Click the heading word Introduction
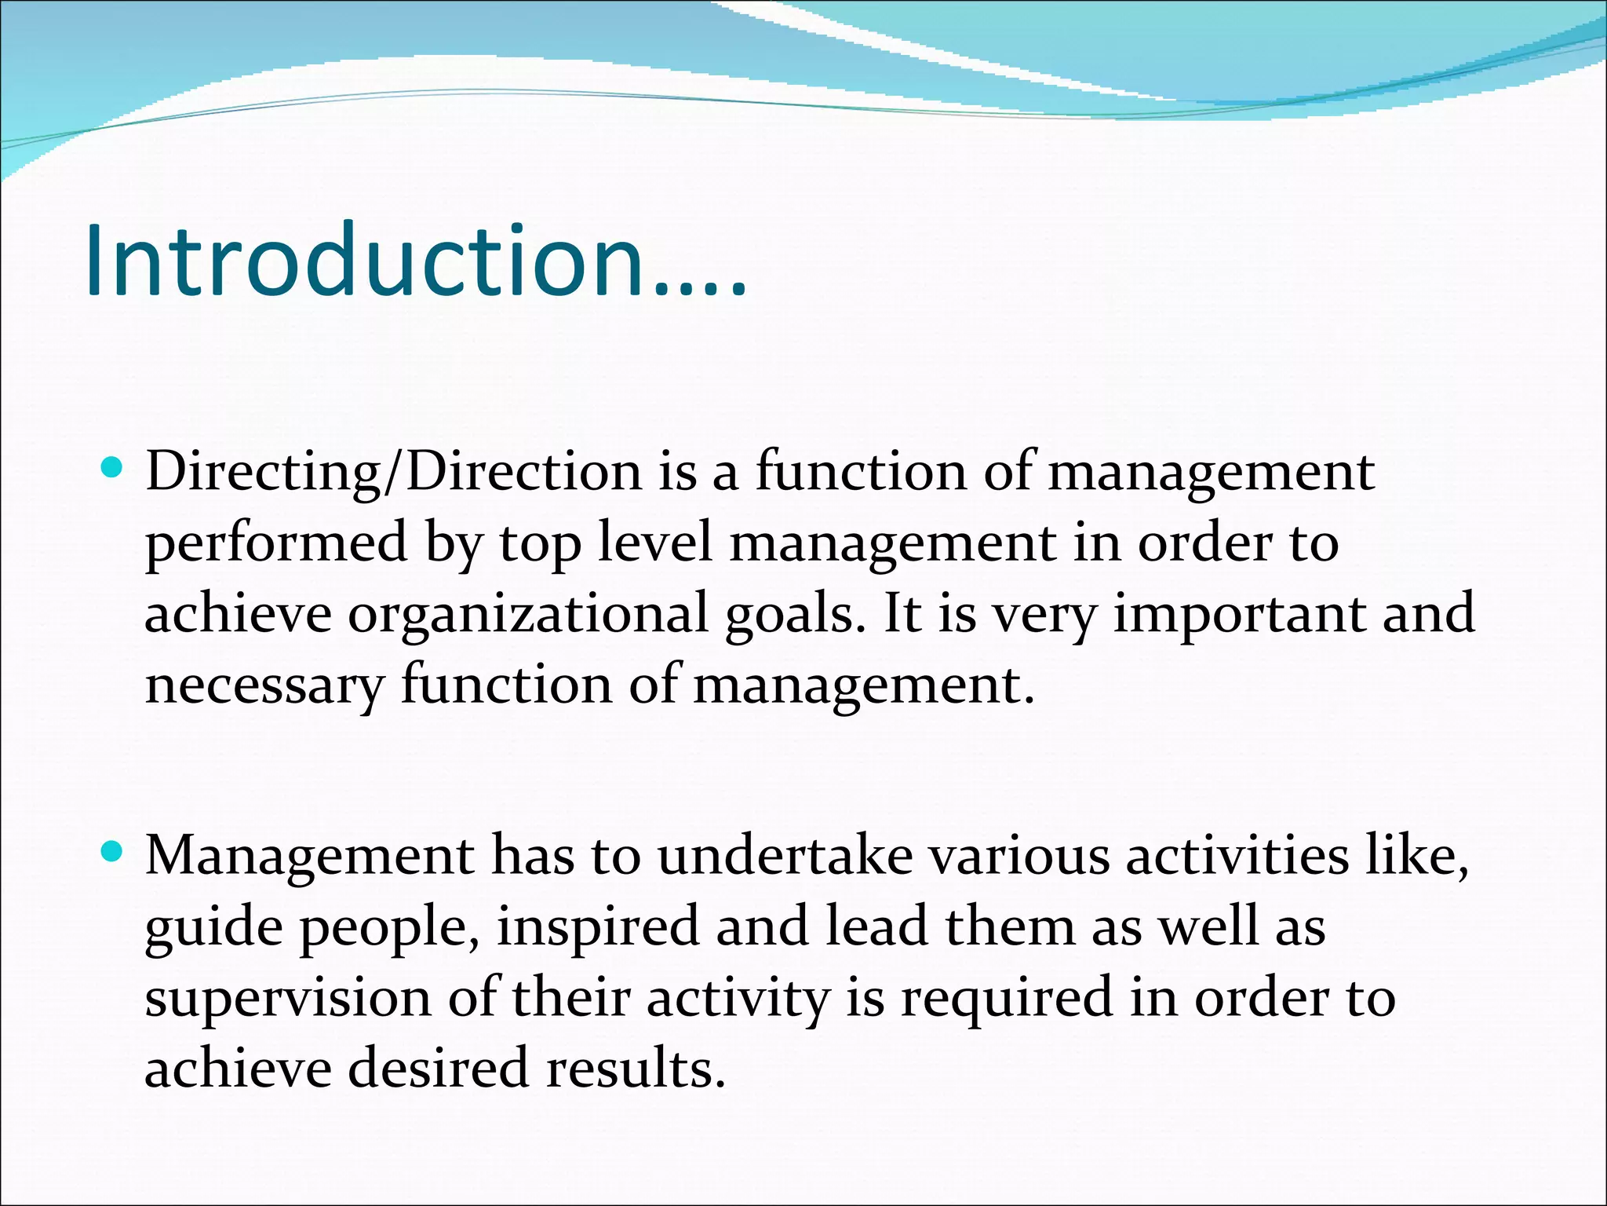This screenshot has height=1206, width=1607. click(x=416, y=261)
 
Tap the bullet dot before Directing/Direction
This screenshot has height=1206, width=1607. click(x=113, y=470)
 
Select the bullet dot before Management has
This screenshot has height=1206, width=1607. click(x=113, y=851)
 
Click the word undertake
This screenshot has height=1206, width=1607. click(x=785, y=856)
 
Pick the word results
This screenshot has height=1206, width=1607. click(x=636, y=1069)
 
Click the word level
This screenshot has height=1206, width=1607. click(x=655, y=543)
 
